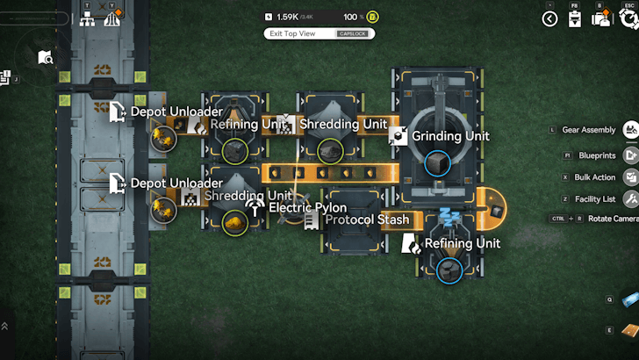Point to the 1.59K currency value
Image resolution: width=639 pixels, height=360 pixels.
[287, 17]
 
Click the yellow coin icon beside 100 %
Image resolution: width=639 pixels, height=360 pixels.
[372, 17]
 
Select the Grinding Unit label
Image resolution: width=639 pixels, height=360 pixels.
[450, 136]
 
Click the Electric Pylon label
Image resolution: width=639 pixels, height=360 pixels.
[307, 207]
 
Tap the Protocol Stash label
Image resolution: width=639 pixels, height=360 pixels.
[367, 219]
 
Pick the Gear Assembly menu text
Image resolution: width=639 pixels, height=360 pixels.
[589, 130]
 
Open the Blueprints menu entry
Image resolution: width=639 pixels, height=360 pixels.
[597, 155]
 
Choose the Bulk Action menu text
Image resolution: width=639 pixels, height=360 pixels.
[594, 176]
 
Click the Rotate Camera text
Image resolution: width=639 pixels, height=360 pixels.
[613, 219]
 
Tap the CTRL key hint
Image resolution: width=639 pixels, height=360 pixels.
[557, 219]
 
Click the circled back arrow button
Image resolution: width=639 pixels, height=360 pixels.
[550, 18]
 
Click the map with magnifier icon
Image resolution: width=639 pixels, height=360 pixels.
[46, 58]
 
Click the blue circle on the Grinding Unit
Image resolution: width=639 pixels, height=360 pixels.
[436, 163]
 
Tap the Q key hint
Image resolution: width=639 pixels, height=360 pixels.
[609, 299]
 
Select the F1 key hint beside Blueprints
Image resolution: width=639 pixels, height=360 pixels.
[568, 155]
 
